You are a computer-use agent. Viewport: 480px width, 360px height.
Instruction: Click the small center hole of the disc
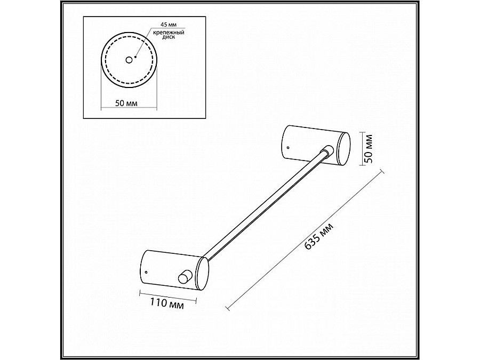129,60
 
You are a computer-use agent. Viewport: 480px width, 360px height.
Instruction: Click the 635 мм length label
320,237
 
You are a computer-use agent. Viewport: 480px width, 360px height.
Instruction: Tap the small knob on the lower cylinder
185,276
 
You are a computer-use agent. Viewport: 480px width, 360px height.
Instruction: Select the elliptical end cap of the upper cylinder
343,149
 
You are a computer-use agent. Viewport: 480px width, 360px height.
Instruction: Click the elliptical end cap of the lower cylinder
203,273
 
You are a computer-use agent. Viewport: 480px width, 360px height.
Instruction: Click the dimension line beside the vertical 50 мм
364,149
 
